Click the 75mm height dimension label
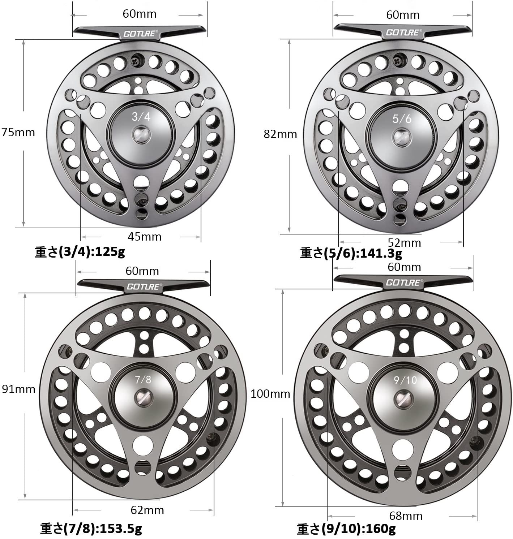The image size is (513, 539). coord(18,133)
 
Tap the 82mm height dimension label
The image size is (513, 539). coord(280,134)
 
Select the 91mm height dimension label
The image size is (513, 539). coord(18,389)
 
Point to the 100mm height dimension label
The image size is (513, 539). coord(270,394)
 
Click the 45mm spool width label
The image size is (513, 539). coord(144,237)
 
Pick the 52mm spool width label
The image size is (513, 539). coord(404,243)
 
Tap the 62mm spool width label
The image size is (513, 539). coord(147,510)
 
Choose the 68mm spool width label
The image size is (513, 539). coord(406,516)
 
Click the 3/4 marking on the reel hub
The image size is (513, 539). coord(141,117)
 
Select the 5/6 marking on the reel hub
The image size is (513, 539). coord(402,119)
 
